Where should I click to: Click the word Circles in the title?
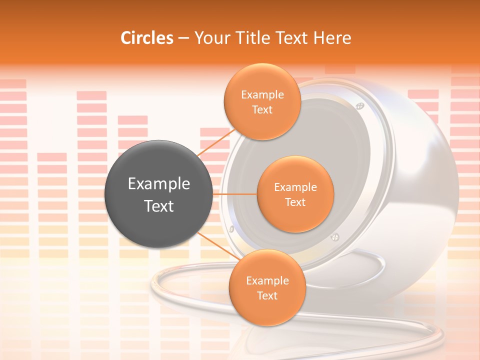click(146, 38)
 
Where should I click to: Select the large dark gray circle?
click(158, 193)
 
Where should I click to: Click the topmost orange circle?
click(262, 101)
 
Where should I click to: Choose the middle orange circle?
click(295, 194)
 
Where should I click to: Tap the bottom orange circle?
click(267, 287)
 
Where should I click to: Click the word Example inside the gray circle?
click(158, 184)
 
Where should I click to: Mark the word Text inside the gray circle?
click(158, 206)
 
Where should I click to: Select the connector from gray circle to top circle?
click(216, 141)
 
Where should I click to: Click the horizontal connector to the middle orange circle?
click(235, 194)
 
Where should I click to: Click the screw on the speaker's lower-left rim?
click(231, 229)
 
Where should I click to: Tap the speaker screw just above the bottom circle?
click(335, 236)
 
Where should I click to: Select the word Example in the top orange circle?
click(262, 95)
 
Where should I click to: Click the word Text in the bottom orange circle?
click(267, 295)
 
